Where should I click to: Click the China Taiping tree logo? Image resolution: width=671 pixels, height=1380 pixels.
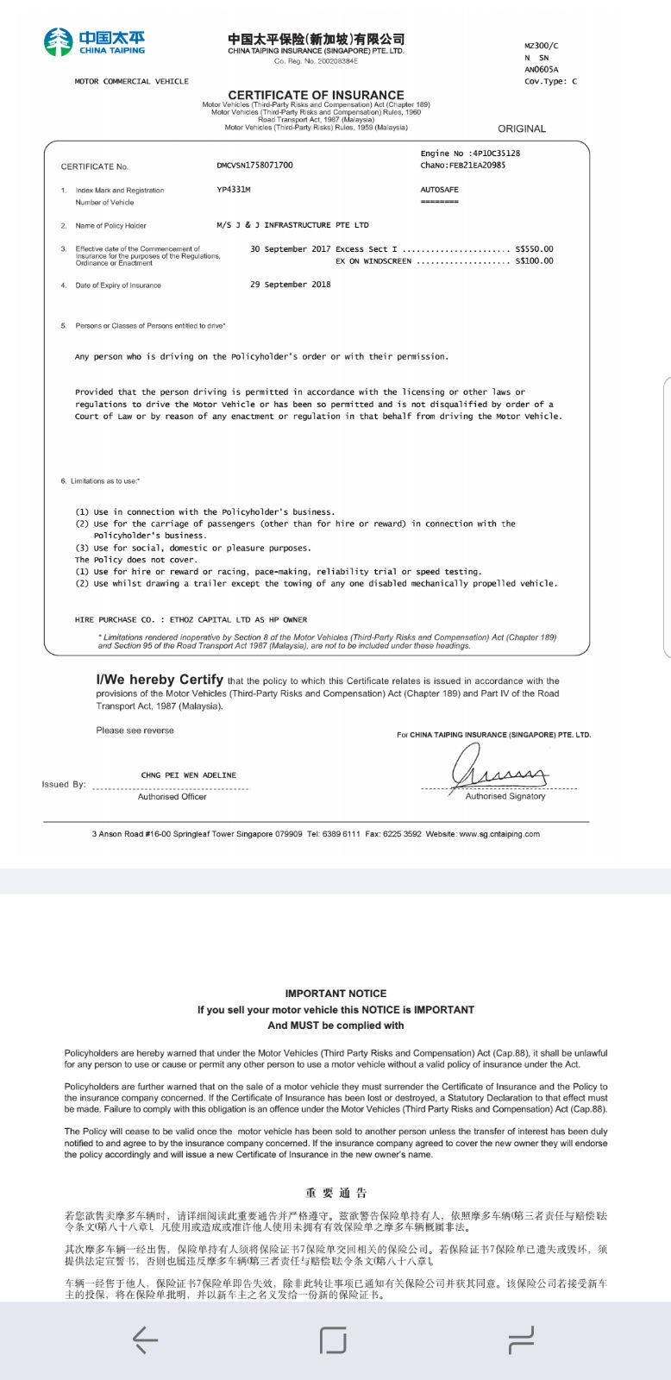pyautogui.click(x=59, y=41)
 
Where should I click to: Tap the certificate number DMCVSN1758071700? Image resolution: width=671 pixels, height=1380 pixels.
pyautogui.click(x=254, y=165)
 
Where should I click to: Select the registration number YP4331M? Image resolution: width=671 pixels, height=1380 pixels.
pyautogui.click(x=234, y=189)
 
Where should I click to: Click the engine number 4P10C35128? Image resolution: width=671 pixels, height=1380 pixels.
pyautogui.click(x=495, y=153)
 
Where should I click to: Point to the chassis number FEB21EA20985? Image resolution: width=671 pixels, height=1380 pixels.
pyautogui.click(x=477, y=165)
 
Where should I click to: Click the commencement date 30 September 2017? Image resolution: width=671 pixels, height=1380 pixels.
pyautogui.click(x=291, y=248)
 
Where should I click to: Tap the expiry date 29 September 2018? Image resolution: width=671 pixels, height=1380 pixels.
pyautogui.click(x=291, y=284)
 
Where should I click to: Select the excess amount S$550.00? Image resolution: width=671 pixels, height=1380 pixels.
pyautogui.click(x=534, y=248)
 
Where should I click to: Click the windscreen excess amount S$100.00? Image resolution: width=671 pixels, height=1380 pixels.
pyautogui.click(x=534, y=260)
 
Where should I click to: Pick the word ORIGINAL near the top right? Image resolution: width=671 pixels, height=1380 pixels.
pyautogui.click(x=522, y=129)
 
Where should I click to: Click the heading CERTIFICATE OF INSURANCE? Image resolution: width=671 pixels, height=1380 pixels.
pyautogui.click(x=316, y=95)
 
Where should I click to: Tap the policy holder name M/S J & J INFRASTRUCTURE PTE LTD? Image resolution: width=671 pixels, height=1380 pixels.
pyautogui.click(x=292, y=224)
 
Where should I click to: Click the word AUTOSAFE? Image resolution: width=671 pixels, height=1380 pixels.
pyautogui.click(x=440, y=189)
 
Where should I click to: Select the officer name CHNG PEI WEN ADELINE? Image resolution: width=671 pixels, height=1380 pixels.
pyautogui.click(x=188, y=775)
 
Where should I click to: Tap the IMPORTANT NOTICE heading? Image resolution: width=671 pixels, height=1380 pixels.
pyautogui.click(x=335, y=994)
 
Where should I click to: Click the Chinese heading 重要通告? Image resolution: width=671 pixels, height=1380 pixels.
pyautogui.click(x=336, y=1193)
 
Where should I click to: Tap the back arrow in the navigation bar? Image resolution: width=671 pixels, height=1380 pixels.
pyautogui.click(x=145, y=1339)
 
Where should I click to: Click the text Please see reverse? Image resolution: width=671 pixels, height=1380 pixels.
pyautogui.click(x=135, y=731)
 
